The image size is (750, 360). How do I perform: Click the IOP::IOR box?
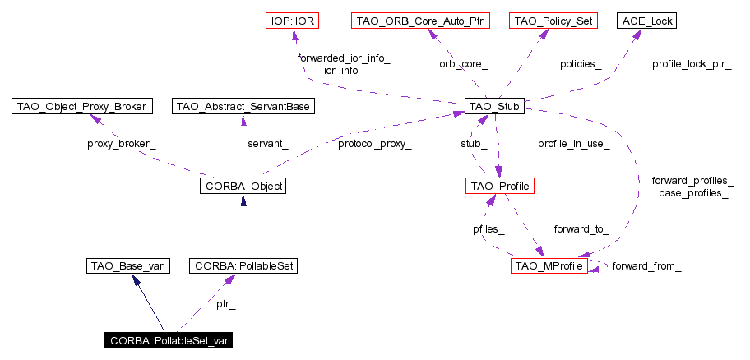coord(293,20)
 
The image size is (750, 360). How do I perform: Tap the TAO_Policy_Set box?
coord(553,20)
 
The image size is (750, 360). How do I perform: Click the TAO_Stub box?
coord(494,106)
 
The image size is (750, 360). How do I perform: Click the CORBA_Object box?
coord(242,187)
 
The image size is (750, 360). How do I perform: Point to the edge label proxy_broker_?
coord(121,144)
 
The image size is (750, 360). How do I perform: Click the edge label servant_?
coord(268,144)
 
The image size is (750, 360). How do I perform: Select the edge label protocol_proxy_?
coord(374,144)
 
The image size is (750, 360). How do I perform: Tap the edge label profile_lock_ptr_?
coord(691,63)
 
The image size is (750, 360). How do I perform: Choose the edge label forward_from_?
coord(646,266)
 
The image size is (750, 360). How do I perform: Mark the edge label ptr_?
coord(226,305)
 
